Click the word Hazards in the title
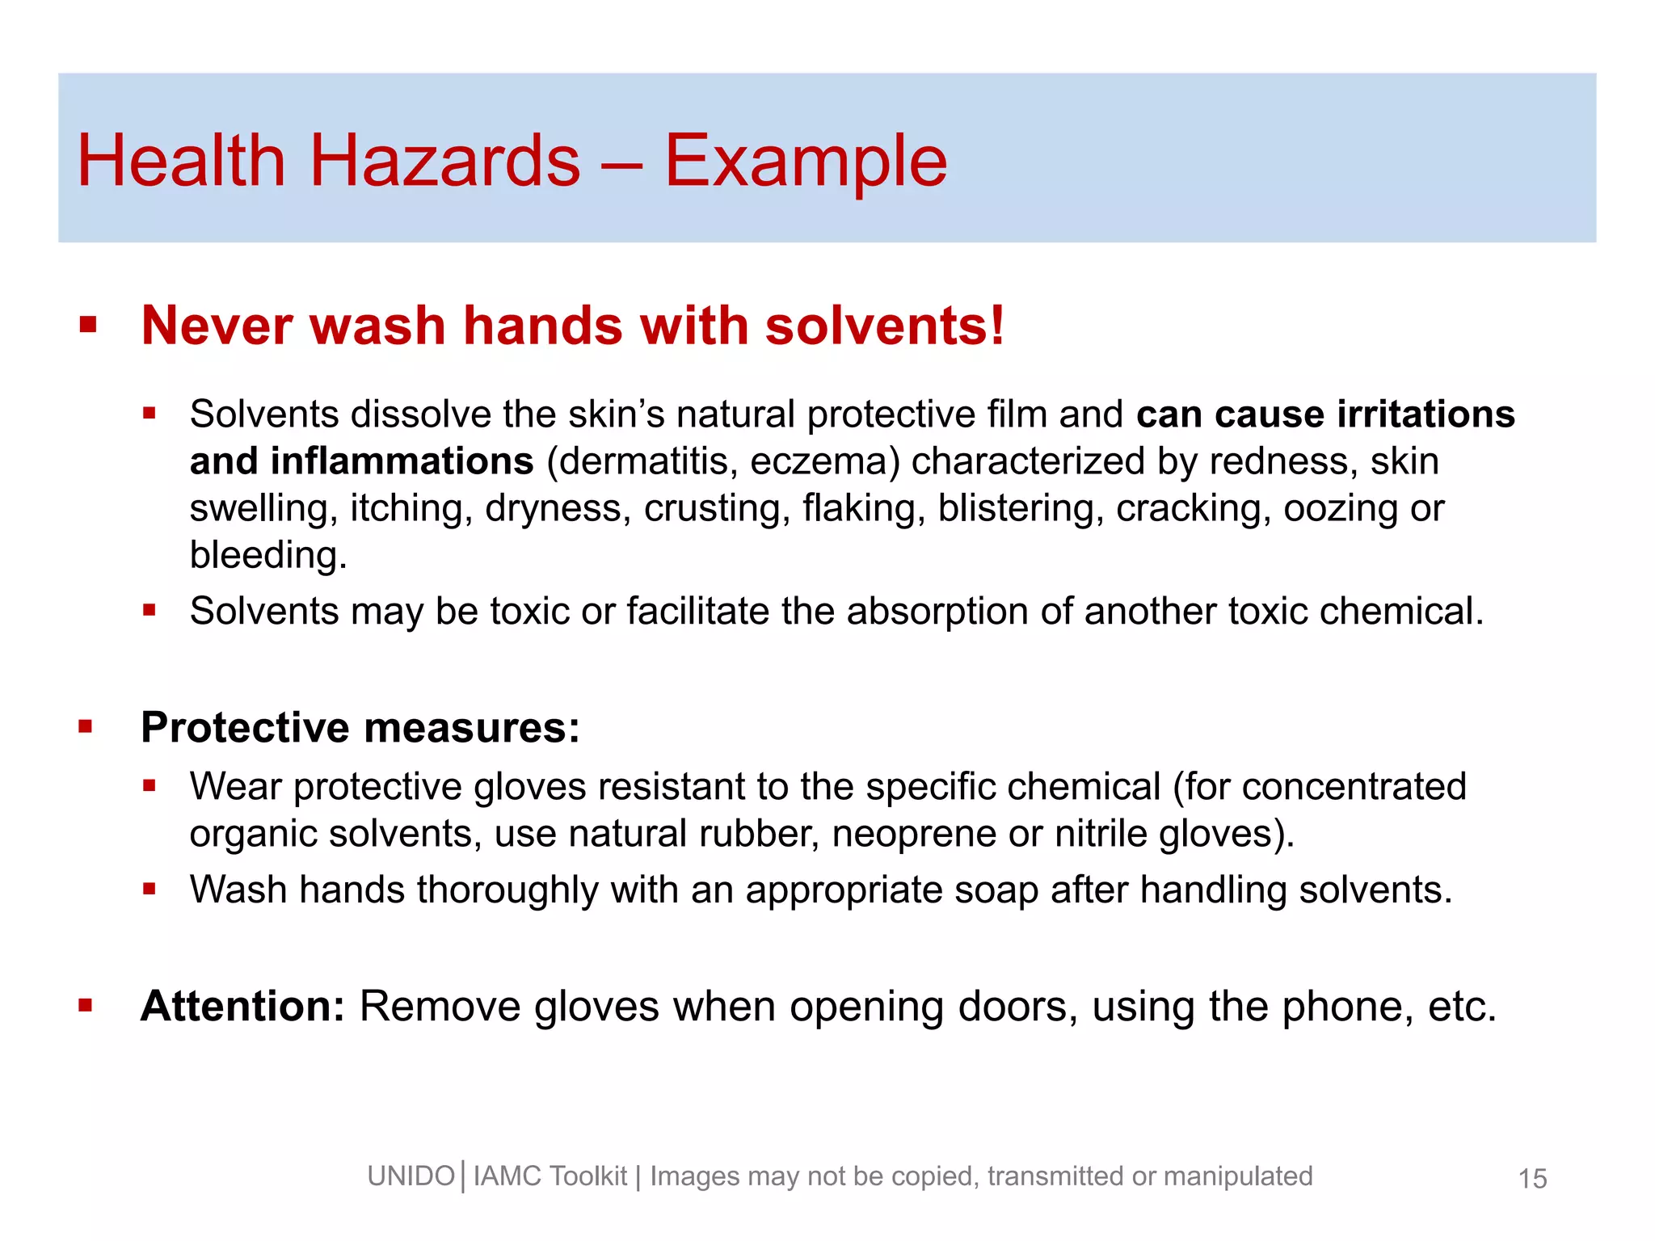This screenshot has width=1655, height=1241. (444, 161)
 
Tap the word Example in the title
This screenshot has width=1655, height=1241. (805, 162)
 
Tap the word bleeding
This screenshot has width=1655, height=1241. (267, 556)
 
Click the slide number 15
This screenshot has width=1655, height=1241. (1532, 1179)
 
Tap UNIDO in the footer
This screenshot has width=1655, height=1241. (411, 1176)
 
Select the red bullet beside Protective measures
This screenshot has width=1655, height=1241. (86, 726)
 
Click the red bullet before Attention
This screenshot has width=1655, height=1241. (86, 1006)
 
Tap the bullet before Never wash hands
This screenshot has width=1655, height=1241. (88, 326)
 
